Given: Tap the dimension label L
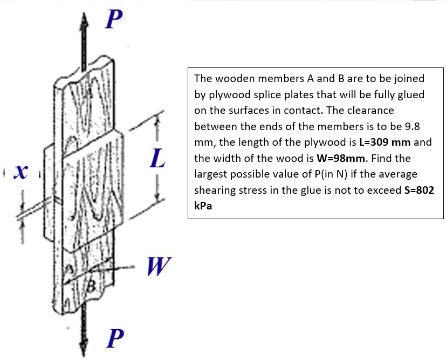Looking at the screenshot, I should tap(157, 160).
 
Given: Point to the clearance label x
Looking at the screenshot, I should tap(21, 173).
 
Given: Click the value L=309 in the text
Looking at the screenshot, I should tap(381, 142).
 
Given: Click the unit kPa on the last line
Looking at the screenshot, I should tap(202, 207).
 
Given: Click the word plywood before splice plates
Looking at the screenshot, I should tap(224, 94).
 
